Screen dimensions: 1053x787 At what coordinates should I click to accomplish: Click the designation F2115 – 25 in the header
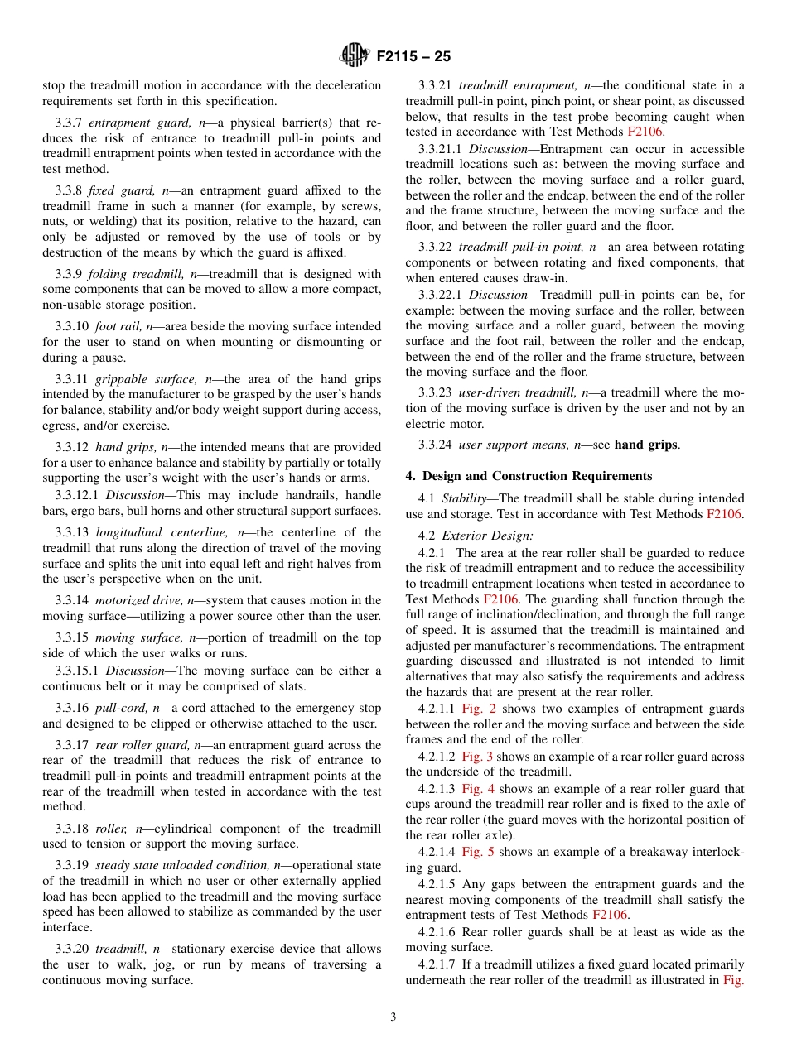click(x=413, y=57)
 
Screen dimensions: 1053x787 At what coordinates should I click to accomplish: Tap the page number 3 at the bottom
click(x=393, y=1017)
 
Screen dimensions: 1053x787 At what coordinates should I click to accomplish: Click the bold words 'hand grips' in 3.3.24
click(x=645, y=445)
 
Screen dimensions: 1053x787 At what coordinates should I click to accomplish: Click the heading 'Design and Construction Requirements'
click(x=537, y=476)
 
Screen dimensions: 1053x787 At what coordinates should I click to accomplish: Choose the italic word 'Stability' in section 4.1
click(x=463, y=498)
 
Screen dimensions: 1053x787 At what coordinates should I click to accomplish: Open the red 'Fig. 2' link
click(x=477, y=709)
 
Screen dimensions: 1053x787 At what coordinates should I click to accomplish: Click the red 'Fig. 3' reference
click(x=477, y=757)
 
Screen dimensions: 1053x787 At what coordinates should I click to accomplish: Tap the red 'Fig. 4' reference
click(x=478, y=789)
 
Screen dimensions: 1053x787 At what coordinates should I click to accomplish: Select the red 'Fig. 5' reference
click(x=478, y=852)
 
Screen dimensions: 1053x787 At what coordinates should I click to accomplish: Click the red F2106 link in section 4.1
click(x=725, y=514)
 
